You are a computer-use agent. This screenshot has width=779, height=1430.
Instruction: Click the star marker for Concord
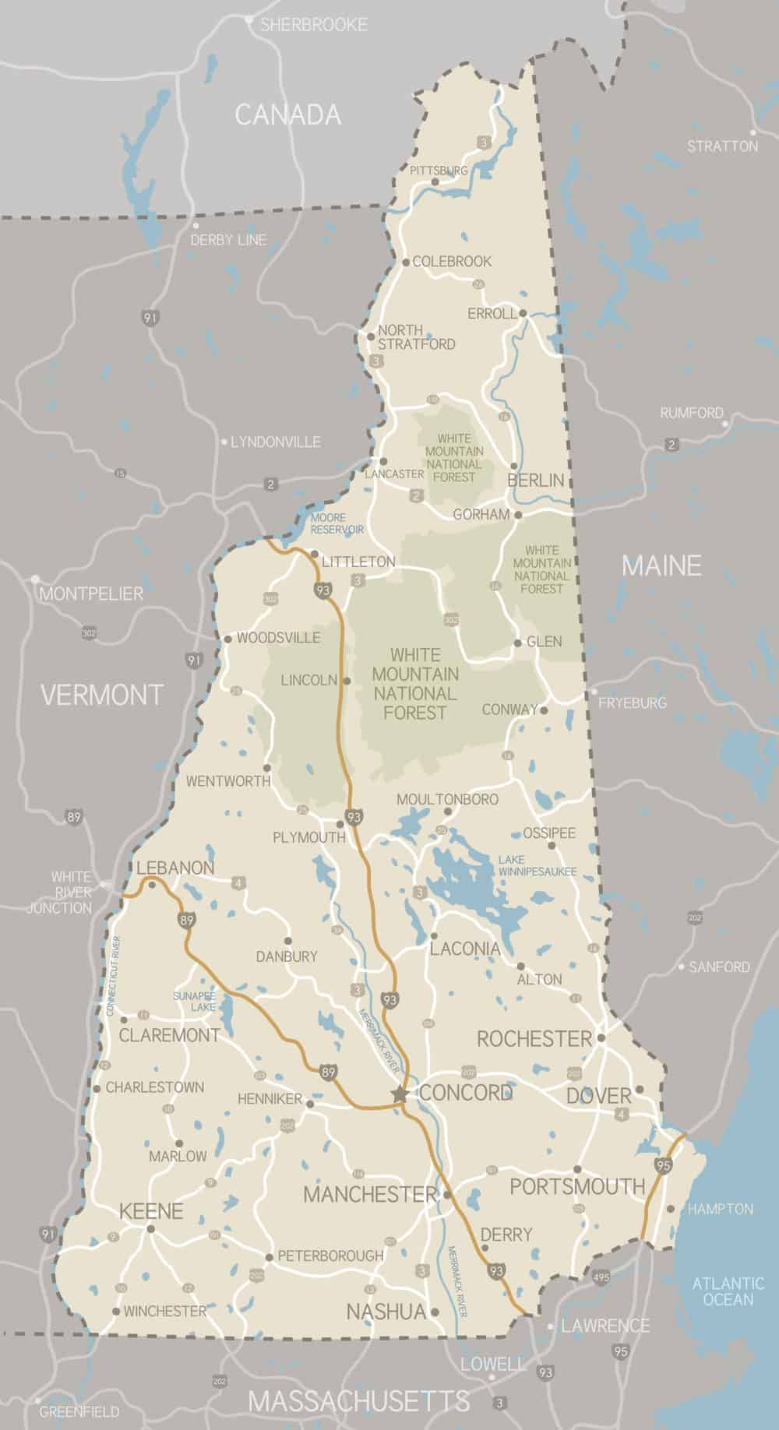[x=400, y=1094]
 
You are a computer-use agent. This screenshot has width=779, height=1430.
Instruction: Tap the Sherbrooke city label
[x=313, y=25]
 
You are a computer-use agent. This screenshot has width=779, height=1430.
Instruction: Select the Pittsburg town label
[x=439, y=170]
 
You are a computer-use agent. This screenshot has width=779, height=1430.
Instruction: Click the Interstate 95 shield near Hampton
[x=663, y=1166]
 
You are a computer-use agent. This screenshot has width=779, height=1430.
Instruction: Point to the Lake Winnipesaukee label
[x=538, y=865]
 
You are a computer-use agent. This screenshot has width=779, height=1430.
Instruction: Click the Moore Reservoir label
[x=337, y=523]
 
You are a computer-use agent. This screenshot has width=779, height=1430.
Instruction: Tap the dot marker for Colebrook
[x=405, y=262]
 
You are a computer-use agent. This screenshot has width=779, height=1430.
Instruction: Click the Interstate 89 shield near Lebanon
[x=186, y=920]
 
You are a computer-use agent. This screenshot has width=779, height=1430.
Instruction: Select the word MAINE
[x=661, y=565]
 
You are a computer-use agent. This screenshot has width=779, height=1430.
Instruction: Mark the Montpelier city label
[x=91, y=594]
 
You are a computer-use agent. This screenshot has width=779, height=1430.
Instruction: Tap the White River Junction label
[x=62, y=893]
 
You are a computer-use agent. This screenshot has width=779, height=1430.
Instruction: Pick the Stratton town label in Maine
[x=722, y=146]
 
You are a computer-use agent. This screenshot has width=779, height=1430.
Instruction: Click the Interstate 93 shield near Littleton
[x=323, y=590]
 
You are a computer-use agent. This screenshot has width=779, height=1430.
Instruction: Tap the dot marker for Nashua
[x=435, y=1312]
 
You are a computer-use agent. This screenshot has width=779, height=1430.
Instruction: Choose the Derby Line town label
[x=227, y=240]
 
